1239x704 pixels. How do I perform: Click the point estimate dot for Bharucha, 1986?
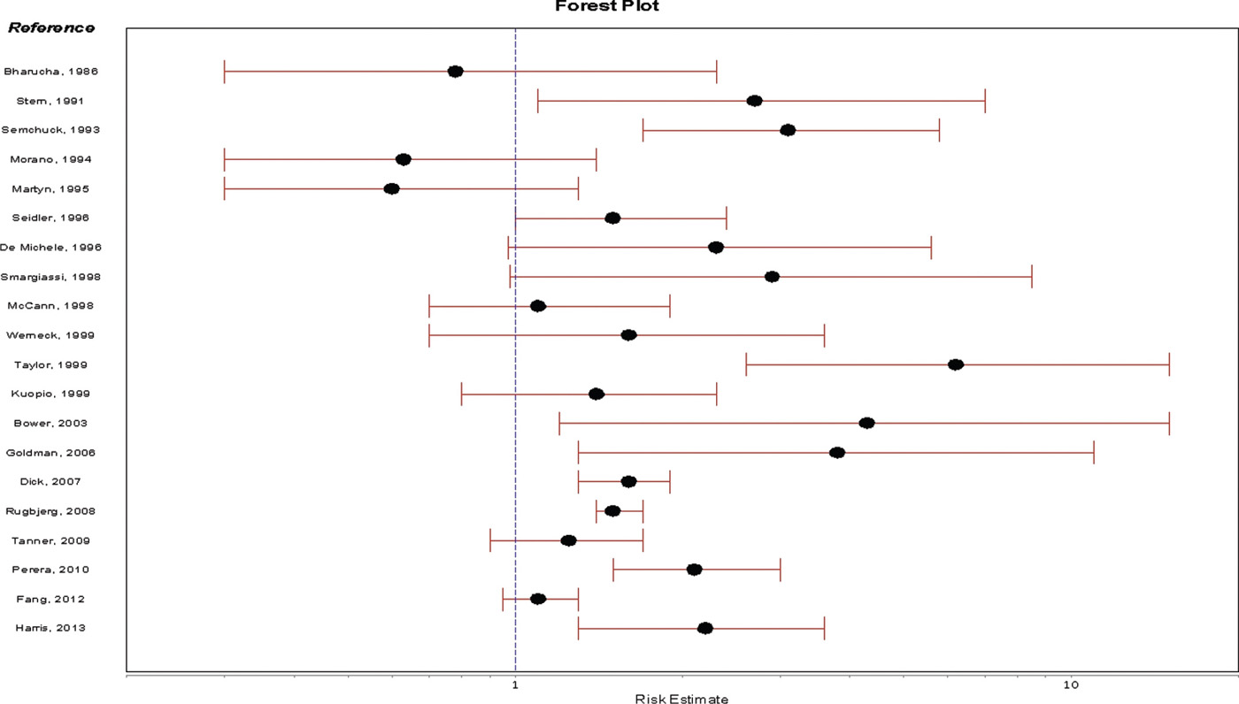coord(455,72)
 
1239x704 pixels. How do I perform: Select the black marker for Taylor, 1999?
coord(956,364)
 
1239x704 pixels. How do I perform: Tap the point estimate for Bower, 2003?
coord(866,423)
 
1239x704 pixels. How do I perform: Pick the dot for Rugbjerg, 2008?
coord(612,511)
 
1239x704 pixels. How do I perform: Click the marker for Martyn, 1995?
coord(391,189)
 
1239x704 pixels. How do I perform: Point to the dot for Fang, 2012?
coord(538,599)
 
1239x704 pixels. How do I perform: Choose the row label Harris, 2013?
coord(50,628)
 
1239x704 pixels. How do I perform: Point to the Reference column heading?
coord(51,27)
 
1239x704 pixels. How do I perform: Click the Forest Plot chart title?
coord(607,6)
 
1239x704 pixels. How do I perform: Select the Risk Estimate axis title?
coord(681,700)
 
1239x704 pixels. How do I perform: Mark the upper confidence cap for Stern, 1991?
coord(985,101)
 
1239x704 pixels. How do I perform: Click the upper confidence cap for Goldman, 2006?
coord(1094,453)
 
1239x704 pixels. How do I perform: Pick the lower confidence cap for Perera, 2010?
coord(613,570)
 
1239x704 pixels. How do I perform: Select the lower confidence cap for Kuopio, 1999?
coord(462,394)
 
